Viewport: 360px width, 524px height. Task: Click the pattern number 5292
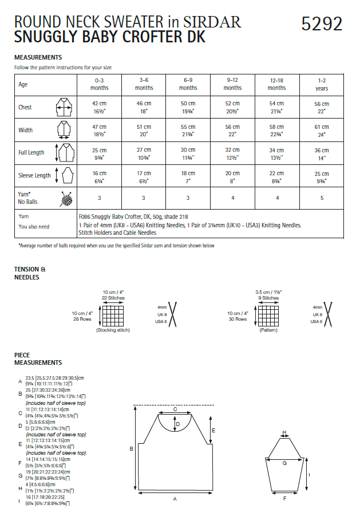pyautogui.click(x=322, y=23)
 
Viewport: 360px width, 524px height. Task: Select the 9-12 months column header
pyautogui.click(x=232, y=85)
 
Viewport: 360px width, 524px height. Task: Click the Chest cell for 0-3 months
pyautogui.click(x=100, y=107)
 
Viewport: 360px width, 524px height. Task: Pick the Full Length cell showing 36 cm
pyautogui.click(x=322, y=153)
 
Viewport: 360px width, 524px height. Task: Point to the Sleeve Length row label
pyautogui.click(x=34, y=176)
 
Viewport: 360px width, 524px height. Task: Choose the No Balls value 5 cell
pyautogui.click(x=322, y=198)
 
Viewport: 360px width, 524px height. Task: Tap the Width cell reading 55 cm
pyautogui.click(x=188, y=131)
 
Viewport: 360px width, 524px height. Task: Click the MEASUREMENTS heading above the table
pyautogui.click(x=38, y=57)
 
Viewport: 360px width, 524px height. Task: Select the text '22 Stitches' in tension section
pyautogui.click(x=113, y=298)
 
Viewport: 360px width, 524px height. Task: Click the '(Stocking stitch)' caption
pyautogui.click(x=113, y=330)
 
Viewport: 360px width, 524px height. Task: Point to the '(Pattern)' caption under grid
pyautogui.click(x=268, y=330)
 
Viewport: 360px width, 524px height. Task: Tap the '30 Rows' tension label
pyautogui.click(x=237, y=319)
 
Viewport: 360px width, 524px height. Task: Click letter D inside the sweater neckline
pyautogui.click(x=178, y=424)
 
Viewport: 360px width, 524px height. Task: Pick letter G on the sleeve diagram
pyautogui.click(x=284, y=463)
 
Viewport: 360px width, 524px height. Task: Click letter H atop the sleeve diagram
pyautogui.click(x=284, y=433)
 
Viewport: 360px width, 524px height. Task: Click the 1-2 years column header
pyautogui.click(x=322, y=85)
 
